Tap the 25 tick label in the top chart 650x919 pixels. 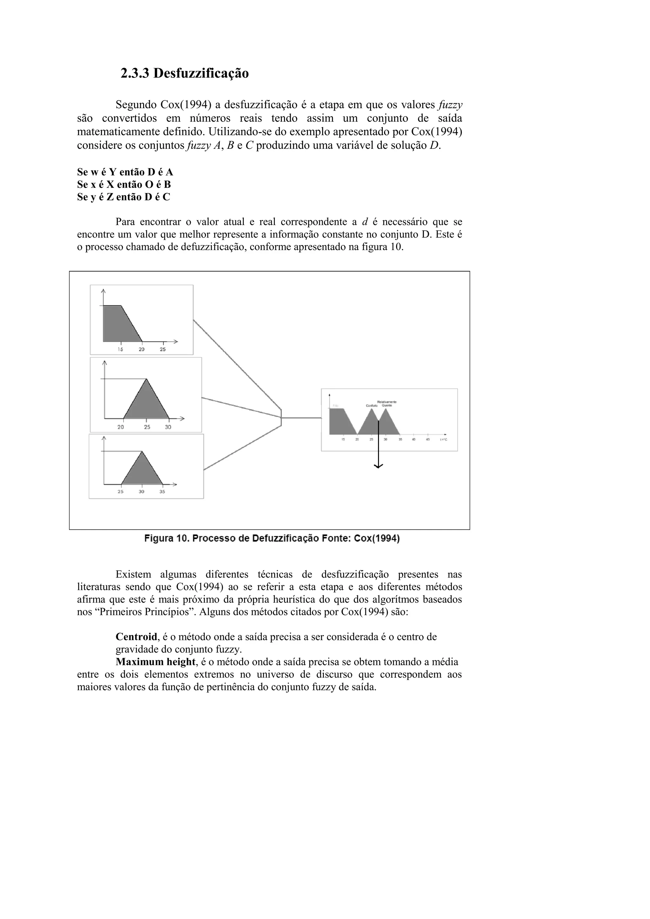coord(163,349)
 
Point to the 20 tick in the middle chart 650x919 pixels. coord(121,427)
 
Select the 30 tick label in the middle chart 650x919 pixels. coord(168,427)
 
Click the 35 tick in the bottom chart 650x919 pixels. coord(162,492)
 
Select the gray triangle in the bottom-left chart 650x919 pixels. coord(142,472)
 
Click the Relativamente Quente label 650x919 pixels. coord(387,403)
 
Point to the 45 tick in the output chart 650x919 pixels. coord(428,440)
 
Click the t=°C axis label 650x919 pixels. coord(443,440)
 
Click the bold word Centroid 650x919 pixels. coord(136,637)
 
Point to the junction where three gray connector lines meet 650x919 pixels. coord(282,418)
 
